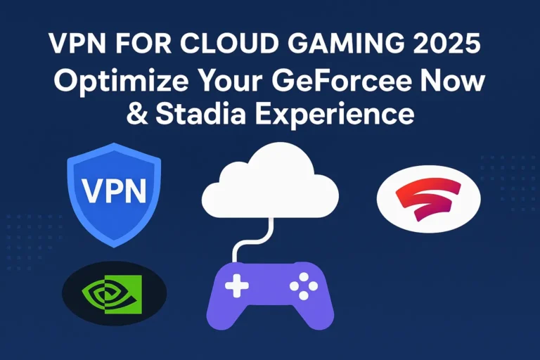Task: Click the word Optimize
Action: coord(121,82)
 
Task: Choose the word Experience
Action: coord(334,115)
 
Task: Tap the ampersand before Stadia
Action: coord(137,114)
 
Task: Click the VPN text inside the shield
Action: coord(114,191)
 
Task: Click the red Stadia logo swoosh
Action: coord(429,198)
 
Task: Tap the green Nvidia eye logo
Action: coord(112,293)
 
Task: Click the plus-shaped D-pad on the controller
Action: coord(236,285)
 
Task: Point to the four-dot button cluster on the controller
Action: coord(304,285)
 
